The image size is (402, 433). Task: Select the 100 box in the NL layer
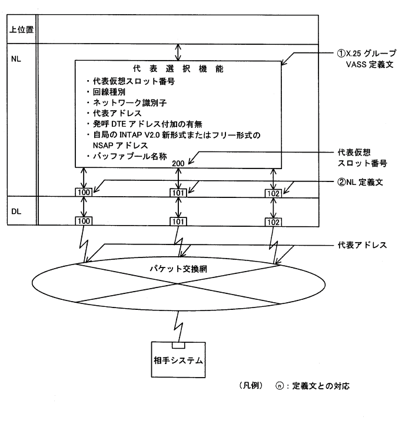(x=84, y=191)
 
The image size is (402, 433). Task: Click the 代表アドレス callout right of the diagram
(x=361, y=244)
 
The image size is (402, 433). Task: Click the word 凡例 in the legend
(x=254, y=386)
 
